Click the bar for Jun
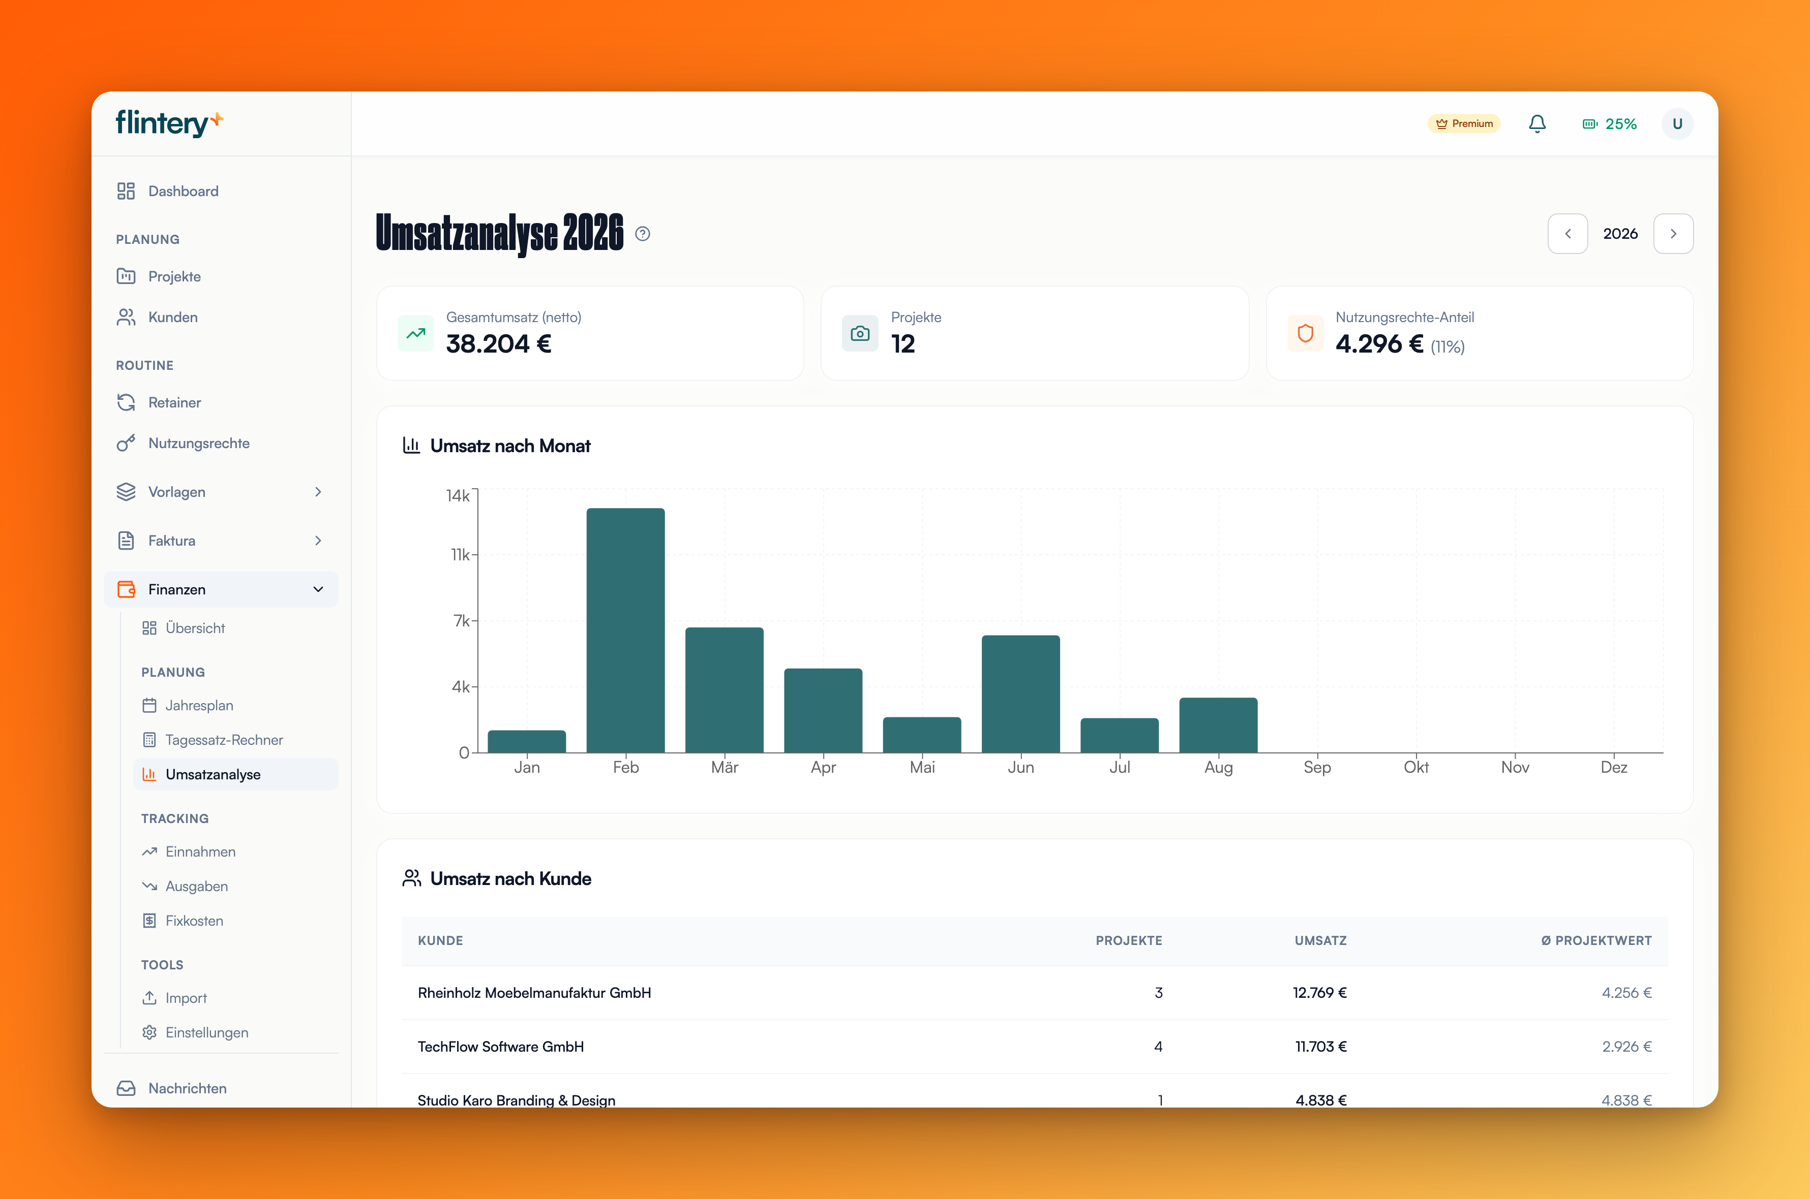coord(1020,693)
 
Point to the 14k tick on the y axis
coord(458,495)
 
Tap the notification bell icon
coord(1537,124)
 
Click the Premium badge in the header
coord(1463,124)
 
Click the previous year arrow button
coord(1567,234)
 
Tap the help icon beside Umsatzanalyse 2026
coord(643,234)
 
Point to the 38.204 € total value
coord(499,344)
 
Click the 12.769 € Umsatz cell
coord(1320,993)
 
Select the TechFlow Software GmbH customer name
coord(500,1047)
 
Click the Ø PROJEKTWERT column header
coord(1596,940)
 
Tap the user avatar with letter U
coord(1677,124)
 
